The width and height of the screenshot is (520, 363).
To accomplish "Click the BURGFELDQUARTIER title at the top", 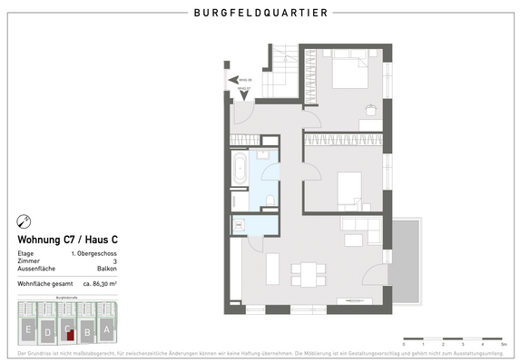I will point(261,14).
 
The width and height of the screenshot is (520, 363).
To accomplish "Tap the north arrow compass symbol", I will point(25,221).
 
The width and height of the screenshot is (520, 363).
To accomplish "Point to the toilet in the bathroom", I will point(270,199).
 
